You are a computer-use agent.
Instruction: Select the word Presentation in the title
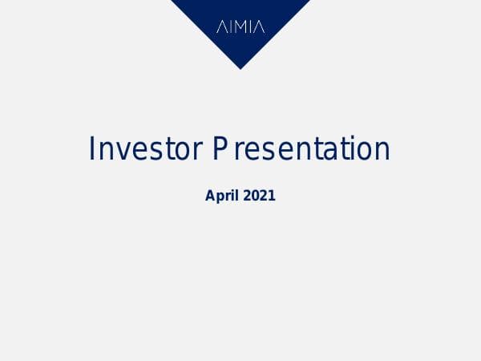click(301, 150)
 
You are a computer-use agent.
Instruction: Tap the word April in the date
click(221, 195)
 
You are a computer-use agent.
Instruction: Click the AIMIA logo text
click(240, 27)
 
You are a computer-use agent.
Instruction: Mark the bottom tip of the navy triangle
click(240, 68)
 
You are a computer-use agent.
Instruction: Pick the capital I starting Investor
click(92, 150)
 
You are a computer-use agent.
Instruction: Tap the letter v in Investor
click(122, 152)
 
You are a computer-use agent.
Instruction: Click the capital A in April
click(211, 195)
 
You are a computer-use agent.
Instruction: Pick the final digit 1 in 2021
click(272, 195)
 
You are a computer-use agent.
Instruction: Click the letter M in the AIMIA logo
click(240, 27)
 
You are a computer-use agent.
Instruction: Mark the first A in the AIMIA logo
click(222, 27)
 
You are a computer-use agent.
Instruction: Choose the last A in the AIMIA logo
click(259, 27)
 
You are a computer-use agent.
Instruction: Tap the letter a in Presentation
click(329, 152)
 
